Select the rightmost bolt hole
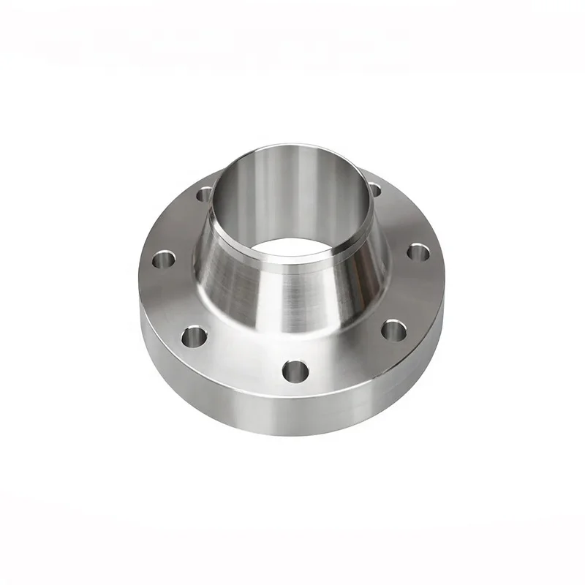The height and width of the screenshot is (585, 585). point(418,252)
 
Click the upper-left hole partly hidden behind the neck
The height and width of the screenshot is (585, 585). point(205,194)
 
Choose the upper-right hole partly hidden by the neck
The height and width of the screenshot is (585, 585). point(375,190)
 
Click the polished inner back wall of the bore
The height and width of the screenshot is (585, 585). point(285,190)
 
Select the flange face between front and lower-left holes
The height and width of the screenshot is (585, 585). point(241,358)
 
